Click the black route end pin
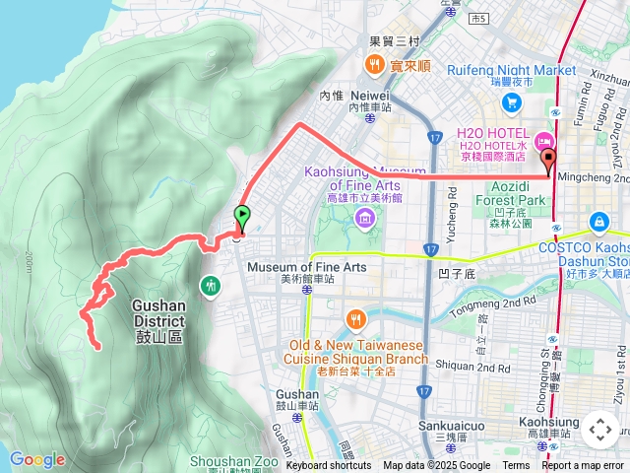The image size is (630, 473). coord(548,160)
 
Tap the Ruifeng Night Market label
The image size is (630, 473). coord(525,70)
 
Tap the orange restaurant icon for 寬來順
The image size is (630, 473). coord(374,66)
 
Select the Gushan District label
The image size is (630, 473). coord(157,313)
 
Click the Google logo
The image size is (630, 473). coord(37,459)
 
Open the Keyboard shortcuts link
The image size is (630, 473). coord(329,466)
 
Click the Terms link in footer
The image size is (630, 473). coord(516,466)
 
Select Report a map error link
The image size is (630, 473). coord(584,466)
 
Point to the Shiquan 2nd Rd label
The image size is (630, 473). coord(478,367)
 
